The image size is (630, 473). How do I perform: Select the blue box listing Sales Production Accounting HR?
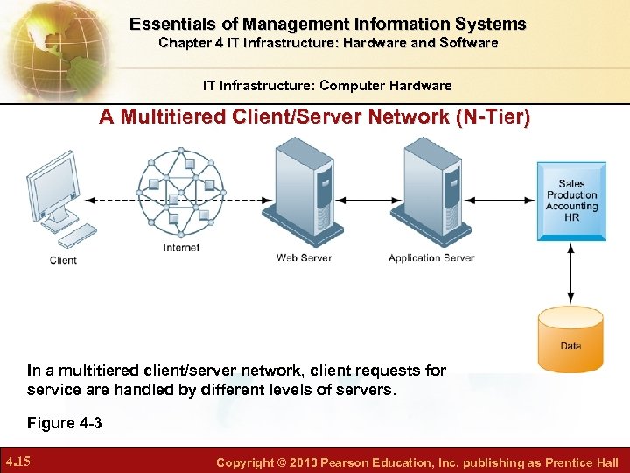point(571,200)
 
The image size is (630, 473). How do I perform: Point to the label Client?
point(63,260)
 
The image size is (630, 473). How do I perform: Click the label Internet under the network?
point(182,247)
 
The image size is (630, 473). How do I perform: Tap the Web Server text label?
point(304,258)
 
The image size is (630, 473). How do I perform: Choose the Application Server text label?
point(430,258)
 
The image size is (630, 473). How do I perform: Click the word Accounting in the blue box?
point(571,206)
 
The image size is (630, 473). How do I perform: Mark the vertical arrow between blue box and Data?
point(570,273)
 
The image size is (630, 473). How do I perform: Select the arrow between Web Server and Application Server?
point(367,200)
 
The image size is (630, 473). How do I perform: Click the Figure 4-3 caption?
point(64,423)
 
